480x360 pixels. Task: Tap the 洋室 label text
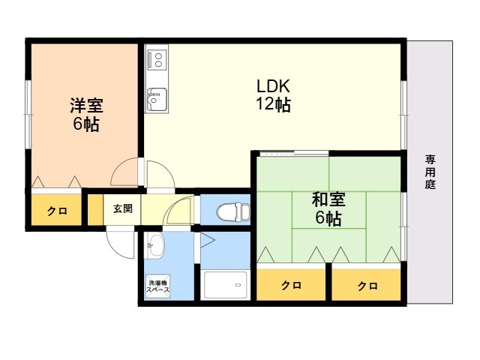pyautogui.click(x=85, y=105)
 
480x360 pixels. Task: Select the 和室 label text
pyautogui.click(x=328, y=199)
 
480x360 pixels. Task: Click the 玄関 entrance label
pyautogui.click(x=122, y=208)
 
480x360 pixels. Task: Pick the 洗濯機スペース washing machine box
pyautogui.click(x=157, y=286)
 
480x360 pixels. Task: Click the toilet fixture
pyautogui.click(x=235, y=211)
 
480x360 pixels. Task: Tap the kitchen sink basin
pyautogui.click(x=156, y=97)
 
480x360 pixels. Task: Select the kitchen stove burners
pyautogui.click(x=157, y=58)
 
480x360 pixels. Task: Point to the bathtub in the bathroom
pyautogui.click(x=226, y=285)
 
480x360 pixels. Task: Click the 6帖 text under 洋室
pyautogui.click(x=85, y=124)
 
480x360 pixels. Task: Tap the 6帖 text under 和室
pyautogui.click(x=328, y=219)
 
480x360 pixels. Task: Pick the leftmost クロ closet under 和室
pyautogui.click(x=292, y=286)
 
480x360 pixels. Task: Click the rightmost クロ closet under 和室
pyautogui.click(x=367, y=286)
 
